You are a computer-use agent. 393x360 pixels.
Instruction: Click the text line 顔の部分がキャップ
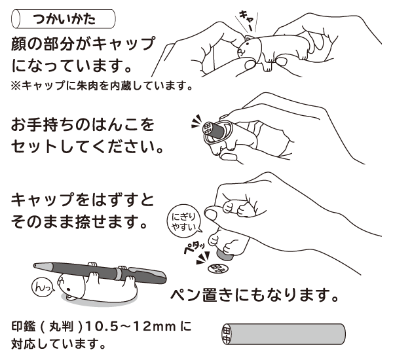click(83, 45)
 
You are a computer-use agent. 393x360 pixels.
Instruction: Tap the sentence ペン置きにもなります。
click(255, 295)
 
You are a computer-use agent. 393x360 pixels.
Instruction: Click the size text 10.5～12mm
click(130, 327)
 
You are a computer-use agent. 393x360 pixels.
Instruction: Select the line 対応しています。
click(58, 343)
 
